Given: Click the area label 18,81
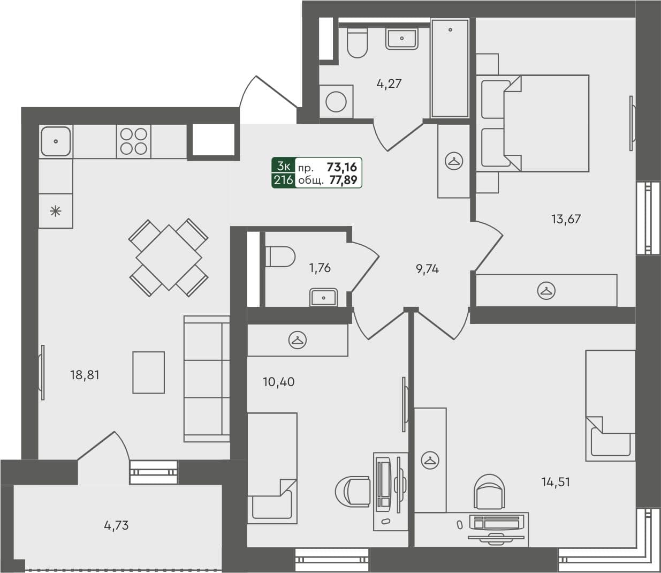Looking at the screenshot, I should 85,375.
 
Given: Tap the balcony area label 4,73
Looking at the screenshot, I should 116,525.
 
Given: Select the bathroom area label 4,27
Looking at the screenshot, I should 389,84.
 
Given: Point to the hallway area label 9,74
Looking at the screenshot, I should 427,269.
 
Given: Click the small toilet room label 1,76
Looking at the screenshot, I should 320,268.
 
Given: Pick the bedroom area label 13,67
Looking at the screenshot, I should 566,218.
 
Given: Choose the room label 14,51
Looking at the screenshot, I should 556,482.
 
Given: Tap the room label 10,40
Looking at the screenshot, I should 278,382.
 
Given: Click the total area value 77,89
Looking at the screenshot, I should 343,180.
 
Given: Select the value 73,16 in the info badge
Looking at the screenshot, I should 341,167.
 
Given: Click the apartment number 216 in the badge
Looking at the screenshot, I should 283,180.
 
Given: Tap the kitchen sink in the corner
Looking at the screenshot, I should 56,141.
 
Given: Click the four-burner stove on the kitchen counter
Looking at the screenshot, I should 134,141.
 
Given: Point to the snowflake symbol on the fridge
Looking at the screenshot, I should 56,211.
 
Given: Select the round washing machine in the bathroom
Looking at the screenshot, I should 336,102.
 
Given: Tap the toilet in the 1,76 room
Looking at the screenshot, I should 281,256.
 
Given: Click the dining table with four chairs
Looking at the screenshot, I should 169,257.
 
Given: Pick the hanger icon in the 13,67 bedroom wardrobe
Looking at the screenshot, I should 546,291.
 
